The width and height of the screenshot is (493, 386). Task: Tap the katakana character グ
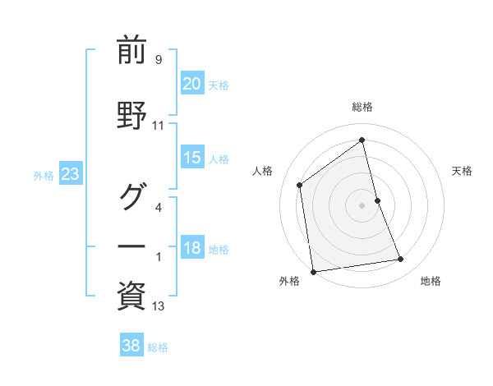131,195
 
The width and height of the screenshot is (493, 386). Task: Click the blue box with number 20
192,83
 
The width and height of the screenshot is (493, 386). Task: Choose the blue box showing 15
192,158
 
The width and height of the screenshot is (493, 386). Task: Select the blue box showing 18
192,249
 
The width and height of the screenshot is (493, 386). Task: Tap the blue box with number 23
71,174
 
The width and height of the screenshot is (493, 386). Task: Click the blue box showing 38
131,346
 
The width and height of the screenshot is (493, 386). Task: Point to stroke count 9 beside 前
158,60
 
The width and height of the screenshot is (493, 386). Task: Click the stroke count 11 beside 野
158,126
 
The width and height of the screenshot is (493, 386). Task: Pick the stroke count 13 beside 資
158,306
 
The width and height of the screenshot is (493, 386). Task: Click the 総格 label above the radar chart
362,107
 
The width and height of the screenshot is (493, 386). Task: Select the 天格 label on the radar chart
463,171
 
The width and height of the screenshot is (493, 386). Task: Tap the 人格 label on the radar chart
263,171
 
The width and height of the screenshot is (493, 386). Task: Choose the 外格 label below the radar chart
289,281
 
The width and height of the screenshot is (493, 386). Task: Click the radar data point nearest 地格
401,260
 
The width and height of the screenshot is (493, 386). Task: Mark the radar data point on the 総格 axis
362,140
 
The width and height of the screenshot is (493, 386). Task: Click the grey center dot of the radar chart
362,204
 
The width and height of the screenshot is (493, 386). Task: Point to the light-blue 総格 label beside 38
158,347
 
